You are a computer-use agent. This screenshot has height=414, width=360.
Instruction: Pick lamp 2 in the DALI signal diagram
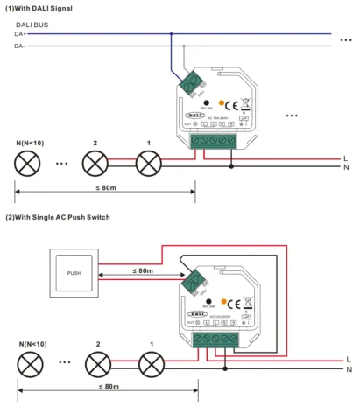[95, 162]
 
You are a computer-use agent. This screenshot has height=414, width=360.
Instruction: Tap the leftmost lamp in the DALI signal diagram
[27, 162]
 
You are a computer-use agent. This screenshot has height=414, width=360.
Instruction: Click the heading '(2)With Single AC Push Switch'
[58, 216]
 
